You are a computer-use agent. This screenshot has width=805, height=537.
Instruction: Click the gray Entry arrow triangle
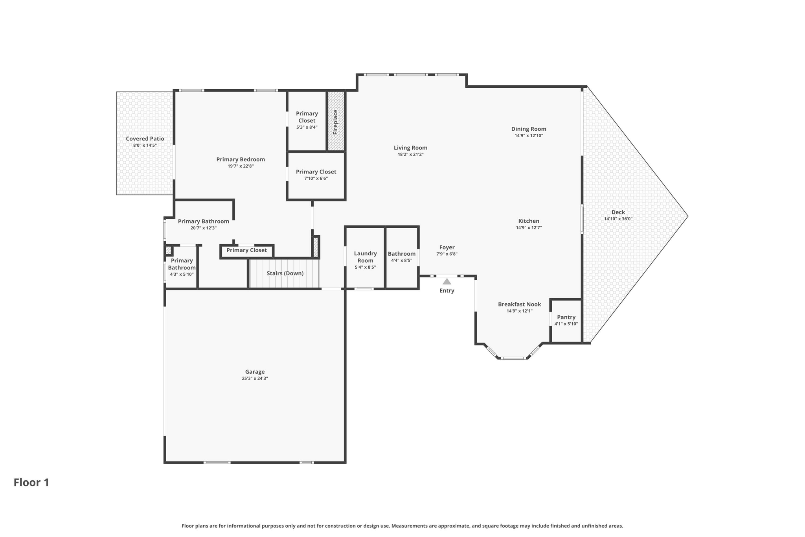pyautogui.click(x=447, y=281)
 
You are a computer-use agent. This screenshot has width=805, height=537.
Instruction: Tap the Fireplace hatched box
pyautogui.click(x=336, y=121)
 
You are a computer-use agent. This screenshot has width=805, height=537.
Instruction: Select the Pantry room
pyautogui.click(x=566, y=321)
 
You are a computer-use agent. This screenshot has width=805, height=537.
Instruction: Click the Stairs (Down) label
pyautogui.click(x=285, y=273)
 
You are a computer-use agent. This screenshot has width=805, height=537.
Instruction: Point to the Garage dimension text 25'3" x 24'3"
pyautogui.click(x=255, y=378)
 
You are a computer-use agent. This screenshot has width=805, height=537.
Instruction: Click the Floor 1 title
pyautogui.click(x=31, y=483)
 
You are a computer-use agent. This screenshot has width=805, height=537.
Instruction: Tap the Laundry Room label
pyautogui.click(x=366, y=257)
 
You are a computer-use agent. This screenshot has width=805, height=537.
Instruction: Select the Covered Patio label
pyautogui.click(x=145, y=138)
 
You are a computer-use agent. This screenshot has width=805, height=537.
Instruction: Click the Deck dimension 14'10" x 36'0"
pyautogui.click(x=618, y=219)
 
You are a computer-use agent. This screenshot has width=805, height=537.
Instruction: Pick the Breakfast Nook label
pyautogui.click(x=519, y=304)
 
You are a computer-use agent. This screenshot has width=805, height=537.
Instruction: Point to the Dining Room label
pyautogui.click(x=529, y=129)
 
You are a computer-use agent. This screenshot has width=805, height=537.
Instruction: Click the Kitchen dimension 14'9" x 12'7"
pyautogui.click(x=529, y=227)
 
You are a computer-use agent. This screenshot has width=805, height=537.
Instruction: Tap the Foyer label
pyautogui.click(x=447, y=247)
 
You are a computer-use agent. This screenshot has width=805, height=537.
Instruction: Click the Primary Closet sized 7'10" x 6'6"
pyautogui.click(x=316, y=176)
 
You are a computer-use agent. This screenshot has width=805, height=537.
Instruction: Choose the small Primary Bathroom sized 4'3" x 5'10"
pyautogui.click(x=182, y=268)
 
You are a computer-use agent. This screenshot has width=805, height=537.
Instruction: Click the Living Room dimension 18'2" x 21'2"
pyautogui.click(x=410, y=154)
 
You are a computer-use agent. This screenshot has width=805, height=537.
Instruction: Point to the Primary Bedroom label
pyautogui.click(x=241, y=159)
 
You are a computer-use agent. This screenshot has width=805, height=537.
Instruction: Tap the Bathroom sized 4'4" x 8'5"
pyautogui.click(x=402, y=257)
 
